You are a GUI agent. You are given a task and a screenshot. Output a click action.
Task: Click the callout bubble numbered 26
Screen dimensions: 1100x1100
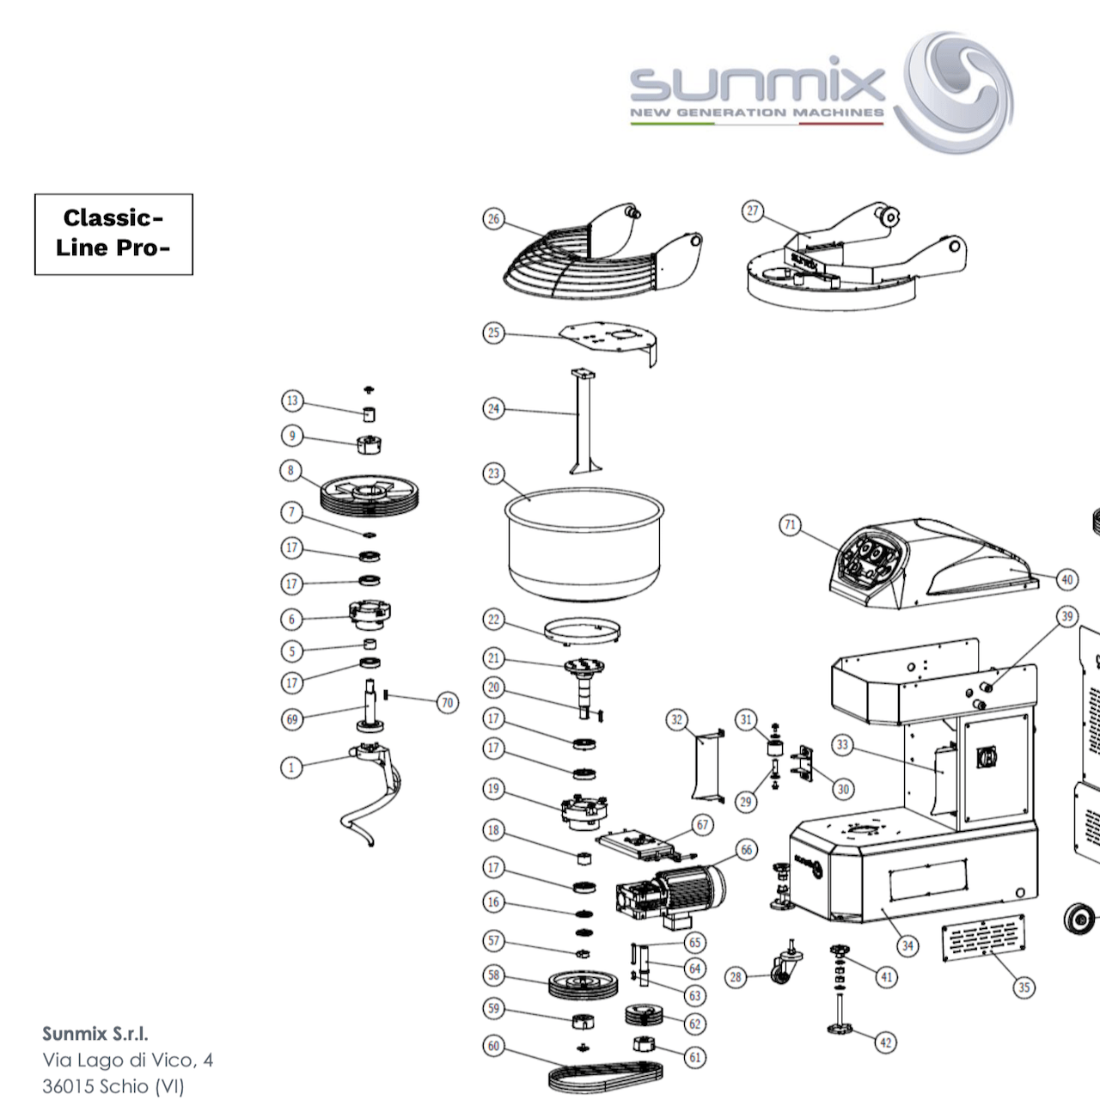[493, 219]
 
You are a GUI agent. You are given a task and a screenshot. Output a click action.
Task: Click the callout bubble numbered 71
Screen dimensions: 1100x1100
[791, 525]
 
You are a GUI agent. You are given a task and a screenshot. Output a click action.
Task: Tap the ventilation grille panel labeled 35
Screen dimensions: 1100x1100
[983, 937]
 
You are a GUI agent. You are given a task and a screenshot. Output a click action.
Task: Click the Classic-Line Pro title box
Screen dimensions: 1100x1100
[113, 234]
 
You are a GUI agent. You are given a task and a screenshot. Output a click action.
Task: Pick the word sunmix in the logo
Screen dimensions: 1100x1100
[756, 84]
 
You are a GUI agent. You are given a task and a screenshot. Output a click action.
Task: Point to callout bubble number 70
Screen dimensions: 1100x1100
[447, 703]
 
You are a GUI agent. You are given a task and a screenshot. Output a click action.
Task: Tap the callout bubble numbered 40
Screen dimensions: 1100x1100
[1066, 579]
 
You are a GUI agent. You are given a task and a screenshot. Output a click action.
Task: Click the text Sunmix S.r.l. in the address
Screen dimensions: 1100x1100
[95, 1034]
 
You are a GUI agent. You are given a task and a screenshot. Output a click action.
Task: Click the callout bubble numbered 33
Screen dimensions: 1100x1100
[843, 745]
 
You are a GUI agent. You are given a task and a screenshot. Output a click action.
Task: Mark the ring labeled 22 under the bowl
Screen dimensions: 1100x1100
[583, 632]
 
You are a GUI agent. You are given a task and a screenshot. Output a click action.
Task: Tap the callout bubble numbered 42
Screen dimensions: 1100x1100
[885, 1042]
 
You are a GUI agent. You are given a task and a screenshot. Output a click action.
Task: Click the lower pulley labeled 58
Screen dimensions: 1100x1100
[584, 984]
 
